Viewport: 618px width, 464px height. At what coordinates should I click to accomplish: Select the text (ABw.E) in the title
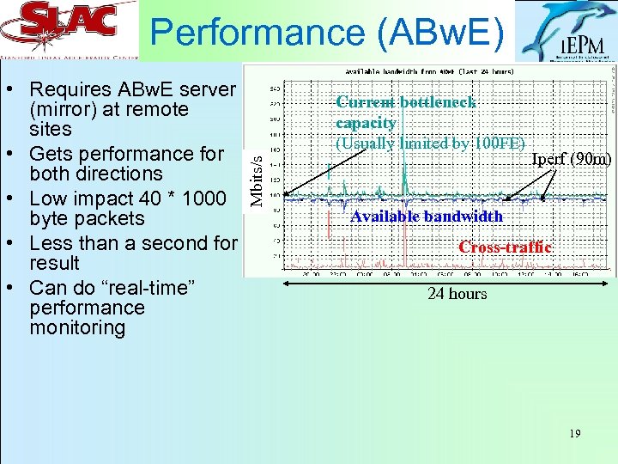[x=438, y=33]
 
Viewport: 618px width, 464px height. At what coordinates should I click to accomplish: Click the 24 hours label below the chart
[x=457, y=294]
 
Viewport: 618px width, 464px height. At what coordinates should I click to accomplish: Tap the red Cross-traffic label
[x=505, y=247]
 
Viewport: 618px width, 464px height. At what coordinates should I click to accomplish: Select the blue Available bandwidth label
[x=427, y=217]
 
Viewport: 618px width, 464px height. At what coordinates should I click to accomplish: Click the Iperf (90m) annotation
[x=571, y=159]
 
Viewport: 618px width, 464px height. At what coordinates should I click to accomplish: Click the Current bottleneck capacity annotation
[x=405, y=113]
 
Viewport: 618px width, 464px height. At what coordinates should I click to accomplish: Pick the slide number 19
[x=574, y=434]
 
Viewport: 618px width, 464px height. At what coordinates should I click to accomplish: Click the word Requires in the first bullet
[x=71, y=89]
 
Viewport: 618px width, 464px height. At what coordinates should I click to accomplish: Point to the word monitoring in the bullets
[x=76, y=327]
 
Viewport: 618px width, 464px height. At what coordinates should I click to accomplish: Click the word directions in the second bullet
[x=114, y=174]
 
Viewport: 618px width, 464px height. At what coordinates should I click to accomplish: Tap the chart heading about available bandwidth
[x=428, y=71]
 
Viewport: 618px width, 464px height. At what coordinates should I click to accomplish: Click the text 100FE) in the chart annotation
[x=494, y=143]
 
